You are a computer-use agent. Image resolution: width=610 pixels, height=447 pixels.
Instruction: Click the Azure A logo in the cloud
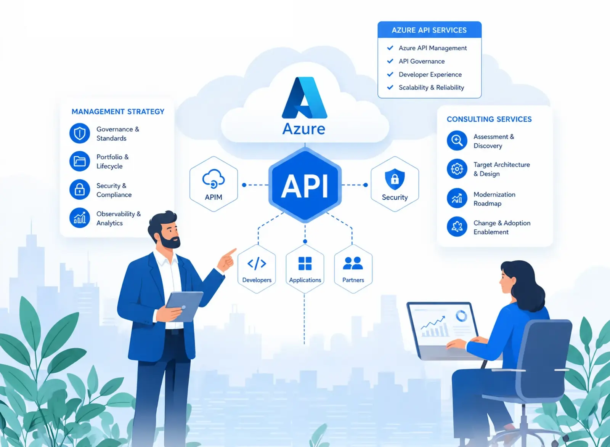coord(304,98)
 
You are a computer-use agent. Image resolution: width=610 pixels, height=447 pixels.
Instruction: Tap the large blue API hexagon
coord(305,185)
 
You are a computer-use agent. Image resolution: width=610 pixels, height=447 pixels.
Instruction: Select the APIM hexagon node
coord(213,184)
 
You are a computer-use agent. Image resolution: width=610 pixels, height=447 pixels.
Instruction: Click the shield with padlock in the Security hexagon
coord(395,179)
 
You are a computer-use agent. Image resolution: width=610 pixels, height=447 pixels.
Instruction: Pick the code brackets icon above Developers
coord(257,264)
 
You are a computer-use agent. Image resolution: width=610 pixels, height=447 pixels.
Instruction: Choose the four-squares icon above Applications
coord(305,263)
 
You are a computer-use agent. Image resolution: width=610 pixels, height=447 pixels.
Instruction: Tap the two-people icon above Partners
coord(353,263)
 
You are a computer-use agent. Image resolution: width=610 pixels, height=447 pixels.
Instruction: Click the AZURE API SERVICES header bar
coord(429,30)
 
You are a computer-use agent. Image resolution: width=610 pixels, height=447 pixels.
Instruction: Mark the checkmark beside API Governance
coord(390,61)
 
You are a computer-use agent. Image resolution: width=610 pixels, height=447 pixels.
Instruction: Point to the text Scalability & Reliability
coord(431,87)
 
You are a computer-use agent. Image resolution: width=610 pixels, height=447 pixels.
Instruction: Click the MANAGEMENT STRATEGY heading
coord(118,112)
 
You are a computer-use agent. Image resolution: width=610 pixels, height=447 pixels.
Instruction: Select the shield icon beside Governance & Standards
coord(80,133)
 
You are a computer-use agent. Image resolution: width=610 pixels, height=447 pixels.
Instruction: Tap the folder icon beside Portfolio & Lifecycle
coord(80,161)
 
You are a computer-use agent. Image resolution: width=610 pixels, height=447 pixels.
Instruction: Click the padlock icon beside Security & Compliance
coord(80,189)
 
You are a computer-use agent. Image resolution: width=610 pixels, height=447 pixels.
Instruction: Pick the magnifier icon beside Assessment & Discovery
coord(457,141)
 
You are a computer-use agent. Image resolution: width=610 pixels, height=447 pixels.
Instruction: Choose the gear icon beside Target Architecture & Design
coord(457,169)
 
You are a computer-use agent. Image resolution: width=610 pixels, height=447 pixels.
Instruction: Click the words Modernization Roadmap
coord(494,199)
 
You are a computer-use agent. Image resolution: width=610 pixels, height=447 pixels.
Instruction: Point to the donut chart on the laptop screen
coord(461,316)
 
